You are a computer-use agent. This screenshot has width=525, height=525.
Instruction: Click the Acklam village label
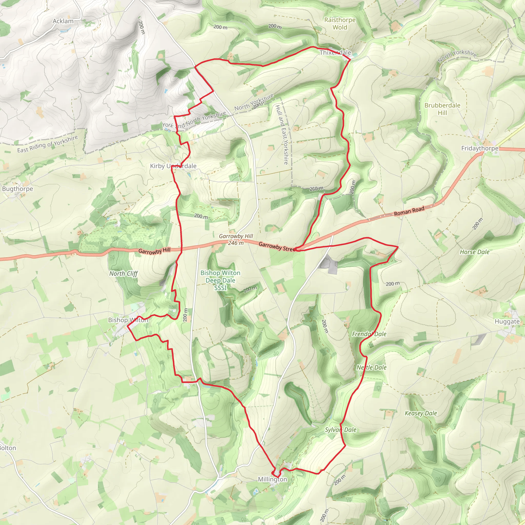click(63, 21)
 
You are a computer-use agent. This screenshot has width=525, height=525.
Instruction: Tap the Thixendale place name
click(335, 53)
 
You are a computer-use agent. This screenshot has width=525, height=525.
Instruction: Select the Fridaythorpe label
click(480, 148)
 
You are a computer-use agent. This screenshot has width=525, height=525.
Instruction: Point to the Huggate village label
click(507, 321)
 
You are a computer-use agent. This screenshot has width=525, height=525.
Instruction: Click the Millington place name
click(272, 479)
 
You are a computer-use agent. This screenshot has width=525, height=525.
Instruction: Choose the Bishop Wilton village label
click(128, 320)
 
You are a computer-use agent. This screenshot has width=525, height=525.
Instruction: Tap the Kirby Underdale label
click(173, 166)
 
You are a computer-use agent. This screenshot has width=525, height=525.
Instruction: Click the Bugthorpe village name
click(18, 189)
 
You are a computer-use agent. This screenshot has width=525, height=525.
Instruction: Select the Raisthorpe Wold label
click(340, 24)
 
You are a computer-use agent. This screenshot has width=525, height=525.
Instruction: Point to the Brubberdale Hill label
click(442, 109)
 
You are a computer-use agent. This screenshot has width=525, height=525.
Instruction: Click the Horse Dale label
click(474, 252)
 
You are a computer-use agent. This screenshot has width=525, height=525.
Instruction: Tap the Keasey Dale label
click(421, 413)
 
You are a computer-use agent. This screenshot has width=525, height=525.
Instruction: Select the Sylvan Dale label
click(340, 430)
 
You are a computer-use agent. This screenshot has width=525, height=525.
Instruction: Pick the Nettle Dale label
click(371, 367)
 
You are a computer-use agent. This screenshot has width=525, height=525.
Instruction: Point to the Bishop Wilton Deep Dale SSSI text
click(220, 280)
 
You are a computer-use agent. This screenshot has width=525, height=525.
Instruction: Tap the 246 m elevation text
click(236, 243)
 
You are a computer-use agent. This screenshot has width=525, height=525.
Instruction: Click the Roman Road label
click(409, 211)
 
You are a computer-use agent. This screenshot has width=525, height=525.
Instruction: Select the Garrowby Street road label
click(277, 246)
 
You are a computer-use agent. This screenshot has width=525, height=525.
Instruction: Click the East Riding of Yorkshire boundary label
click(48, 144)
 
